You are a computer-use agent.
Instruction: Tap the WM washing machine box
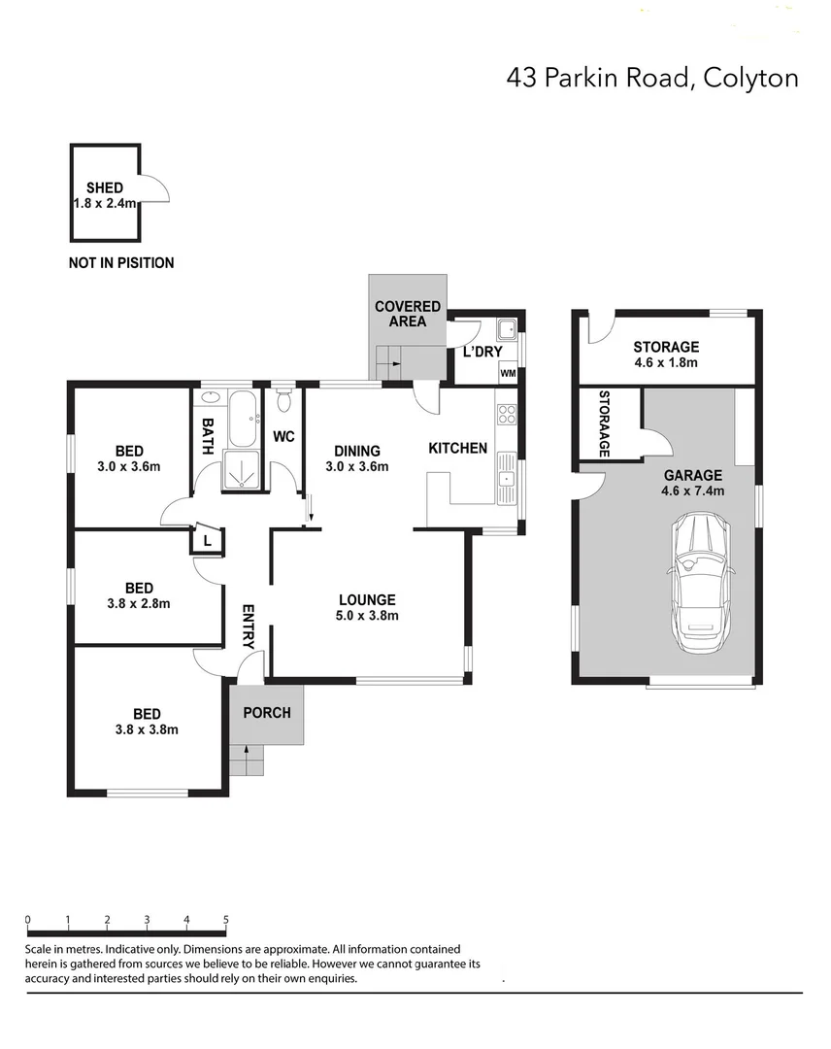[x=508, y=373]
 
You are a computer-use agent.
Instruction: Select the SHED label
[x=104, y=187]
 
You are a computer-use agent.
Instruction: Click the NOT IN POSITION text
[x=121, y=262]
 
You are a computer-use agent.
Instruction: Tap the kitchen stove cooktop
[x=507, y=416]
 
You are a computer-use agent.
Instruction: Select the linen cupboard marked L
[x=208, y=540]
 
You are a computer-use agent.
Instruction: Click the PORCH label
[x=266, y=712]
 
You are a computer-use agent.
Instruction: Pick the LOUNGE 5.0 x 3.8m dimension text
[x=367, y=615]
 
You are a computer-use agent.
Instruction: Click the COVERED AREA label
[x=408, y=314]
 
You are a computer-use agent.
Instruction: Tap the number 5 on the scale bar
[x=226, y=919]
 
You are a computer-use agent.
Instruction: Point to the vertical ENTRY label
[x=248, y=627]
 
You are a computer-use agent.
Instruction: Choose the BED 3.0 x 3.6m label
[x=129, y=458]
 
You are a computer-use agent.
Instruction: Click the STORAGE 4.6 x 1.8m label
[x=666, y=355]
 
